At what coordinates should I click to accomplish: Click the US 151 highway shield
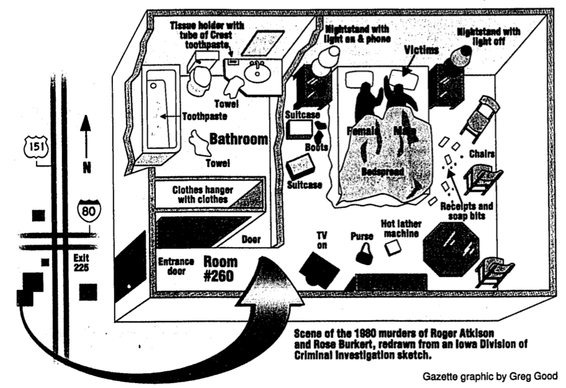click(x=33, y=148)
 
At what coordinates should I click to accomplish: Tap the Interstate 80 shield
click(x=88, y=212)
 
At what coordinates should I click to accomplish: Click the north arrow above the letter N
click(x=86, y=134)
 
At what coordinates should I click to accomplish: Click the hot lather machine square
click(x=393, y=248)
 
